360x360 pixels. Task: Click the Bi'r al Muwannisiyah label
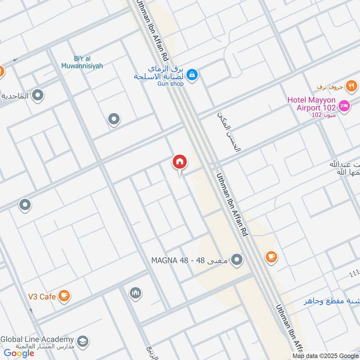(x=82, y=62)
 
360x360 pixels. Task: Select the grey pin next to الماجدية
(x=38, y=95)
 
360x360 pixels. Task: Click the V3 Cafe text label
(x=41, y=296)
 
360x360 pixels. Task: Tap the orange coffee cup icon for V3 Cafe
(x=65, y=296)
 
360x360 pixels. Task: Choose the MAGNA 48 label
(x=190, y=260)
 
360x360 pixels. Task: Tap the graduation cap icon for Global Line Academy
(x=82, y=342)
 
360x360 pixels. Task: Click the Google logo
(x=19, y=353)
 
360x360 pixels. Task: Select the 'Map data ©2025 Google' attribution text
(x=326, y=355)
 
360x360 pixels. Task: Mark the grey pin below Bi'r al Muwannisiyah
(x=114, y=119)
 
